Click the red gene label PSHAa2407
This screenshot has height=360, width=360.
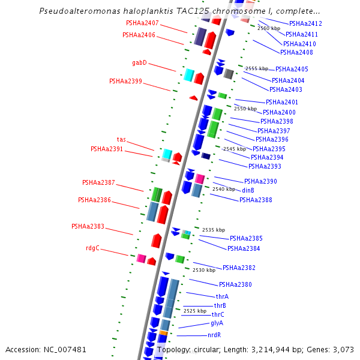pyautogui.click(x=142, y=23)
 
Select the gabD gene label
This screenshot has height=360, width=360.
pyautogui.click(x=139, y=62)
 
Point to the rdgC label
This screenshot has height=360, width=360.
pyautogui.click(x=92, y=248)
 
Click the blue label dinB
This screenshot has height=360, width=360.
pyautogui.click(x=248, y=190)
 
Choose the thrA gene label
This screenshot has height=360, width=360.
pyautogui.click(x=222, y=296)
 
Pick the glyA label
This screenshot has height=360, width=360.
pyautogui.click(x=217, y=323)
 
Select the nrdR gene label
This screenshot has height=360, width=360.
pyautogui.click(x=214, y=335)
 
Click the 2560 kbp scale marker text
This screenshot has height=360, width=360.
pyautogui.click(x=268, y=28)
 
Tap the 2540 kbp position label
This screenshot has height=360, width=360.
pyautogui.click(x=223, y=189)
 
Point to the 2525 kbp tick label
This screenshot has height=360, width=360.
pyautogui.click(x=194, y=311)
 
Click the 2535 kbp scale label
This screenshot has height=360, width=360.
pyautogui.click(x=213, y=230)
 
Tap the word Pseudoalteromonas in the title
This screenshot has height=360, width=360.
pyautogui.click(x=75, y=11)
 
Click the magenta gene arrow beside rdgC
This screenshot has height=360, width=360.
pyautogui.click(x=141, y=259)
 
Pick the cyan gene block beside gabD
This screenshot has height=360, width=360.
pyautogui.click(x=188, y=74)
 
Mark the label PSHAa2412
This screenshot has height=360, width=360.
pyautogui.click(x=305, y=23)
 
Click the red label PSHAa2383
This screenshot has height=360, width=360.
pyautogui.click(x=88, y=226)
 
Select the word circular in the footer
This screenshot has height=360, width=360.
pyautogui.click(x=209, y=349)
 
